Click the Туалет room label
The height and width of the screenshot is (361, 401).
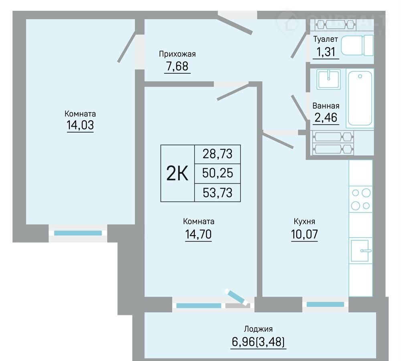point(326,39)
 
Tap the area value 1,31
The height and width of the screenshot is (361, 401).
point(326,52)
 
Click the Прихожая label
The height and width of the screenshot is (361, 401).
point(177,54)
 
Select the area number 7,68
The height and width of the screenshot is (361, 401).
point(177,66)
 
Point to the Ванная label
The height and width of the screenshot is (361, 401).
point(326,106)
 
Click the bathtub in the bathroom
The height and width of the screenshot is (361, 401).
point(360,98)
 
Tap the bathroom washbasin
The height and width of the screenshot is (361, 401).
point(329,79)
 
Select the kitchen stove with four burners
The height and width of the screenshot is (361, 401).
point(360,199)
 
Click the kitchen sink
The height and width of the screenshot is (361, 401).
point(360,251)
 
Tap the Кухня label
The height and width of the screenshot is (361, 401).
point(304,221)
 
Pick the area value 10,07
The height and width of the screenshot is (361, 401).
point(304,234)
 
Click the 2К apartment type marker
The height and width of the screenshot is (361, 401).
point(177,173)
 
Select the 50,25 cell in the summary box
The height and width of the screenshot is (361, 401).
point(218,173)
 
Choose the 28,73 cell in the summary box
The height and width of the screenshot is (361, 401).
point(218,154)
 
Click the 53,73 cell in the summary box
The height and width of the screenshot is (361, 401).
point(218,193)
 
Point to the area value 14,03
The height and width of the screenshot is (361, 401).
point(80,125)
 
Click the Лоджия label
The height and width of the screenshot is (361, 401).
point(258,329)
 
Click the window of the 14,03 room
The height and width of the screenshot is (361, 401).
point(78,233)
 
